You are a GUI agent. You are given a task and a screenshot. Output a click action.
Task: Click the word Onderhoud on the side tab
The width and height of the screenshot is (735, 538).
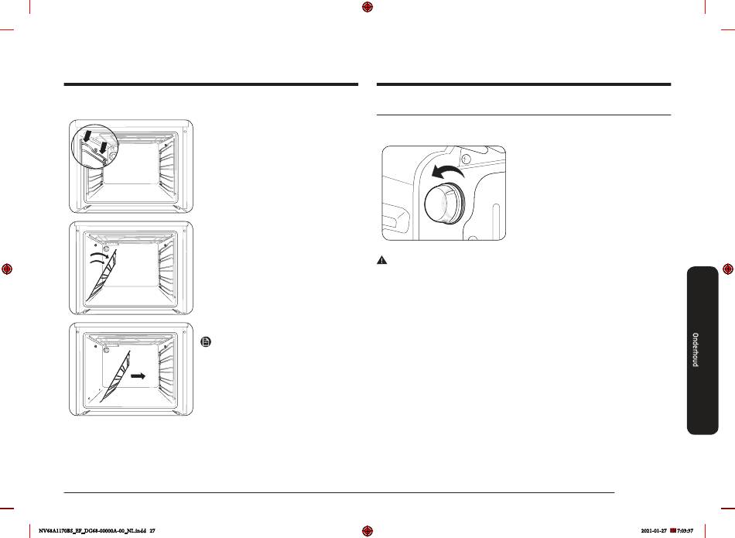point(696,349)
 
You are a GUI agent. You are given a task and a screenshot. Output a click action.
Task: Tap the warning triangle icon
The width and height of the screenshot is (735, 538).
point(382,260)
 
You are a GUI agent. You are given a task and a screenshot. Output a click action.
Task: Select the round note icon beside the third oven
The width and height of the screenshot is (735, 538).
point(206,342)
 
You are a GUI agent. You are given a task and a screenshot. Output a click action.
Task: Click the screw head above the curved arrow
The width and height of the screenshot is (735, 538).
point(464,159)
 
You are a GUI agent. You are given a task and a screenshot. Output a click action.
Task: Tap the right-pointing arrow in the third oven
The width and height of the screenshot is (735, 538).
point(138,375)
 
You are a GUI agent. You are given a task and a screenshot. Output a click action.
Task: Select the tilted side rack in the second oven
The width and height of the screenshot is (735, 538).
point(101,276)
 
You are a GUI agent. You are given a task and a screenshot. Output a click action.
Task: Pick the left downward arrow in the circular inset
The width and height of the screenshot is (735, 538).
point(87,136)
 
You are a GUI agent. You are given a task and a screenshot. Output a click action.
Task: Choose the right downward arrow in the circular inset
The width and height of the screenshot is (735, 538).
point(104,146)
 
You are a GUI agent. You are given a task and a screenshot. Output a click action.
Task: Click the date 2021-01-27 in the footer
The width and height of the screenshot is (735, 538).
point(654,531)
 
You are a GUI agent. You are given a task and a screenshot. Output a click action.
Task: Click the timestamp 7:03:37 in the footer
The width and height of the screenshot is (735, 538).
point(685,531)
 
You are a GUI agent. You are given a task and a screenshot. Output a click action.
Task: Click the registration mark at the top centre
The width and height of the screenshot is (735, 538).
point(367,7)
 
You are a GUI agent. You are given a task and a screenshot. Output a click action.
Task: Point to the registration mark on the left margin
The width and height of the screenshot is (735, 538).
point(6,269)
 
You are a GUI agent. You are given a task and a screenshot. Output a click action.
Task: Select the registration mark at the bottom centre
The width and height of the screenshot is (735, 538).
point(367,530)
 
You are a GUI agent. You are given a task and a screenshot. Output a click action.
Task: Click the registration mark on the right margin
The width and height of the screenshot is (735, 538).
point(728,269)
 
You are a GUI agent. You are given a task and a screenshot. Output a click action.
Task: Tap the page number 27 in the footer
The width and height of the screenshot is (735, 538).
point(152,531)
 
